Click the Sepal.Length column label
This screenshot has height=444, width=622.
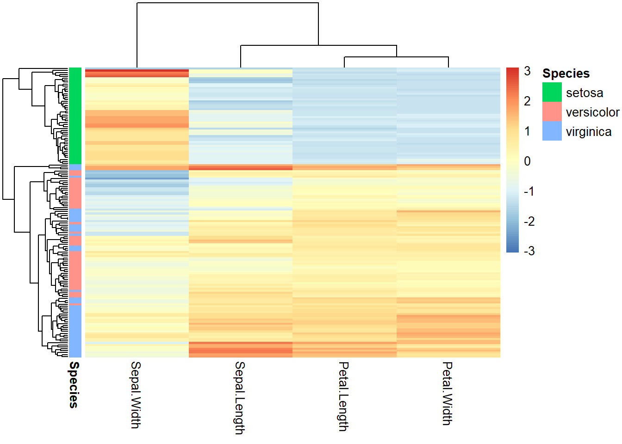pos(239,398)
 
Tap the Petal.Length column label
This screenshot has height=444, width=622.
pos(343,396)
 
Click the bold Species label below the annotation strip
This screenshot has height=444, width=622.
pos(74,385)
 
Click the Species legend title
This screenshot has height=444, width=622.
pos(566,74)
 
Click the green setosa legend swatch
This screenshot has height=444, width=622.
pos(552,92)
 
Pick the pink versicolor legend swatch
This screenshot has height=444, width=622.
pos(552,111)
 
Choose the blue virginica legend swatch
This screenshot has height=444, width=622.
pos(552,131)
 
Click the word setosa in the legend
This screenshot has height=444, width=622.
pos(584,93)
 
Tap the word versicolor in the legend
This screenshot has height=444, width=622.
pos(592,112)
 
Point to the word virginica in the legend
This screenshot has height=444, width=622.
pos(588,132)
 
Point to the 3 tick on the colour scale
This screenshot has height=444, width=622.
pos(527,71)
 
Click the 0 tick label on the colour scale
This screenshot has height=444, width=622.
pos(527,161)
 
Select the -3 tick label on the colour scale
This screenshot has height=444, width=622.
pos(529,251)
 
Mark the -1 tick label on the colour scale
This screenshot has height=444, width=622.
pos(529,191)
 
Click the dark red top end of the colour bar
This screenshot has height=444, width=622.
pos(512,70)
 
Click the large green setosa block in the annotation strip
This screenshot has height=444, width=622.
pos(75,116)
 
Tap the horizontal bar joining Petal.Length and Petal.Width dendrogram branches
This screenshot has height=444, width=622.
pos(396,57)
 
